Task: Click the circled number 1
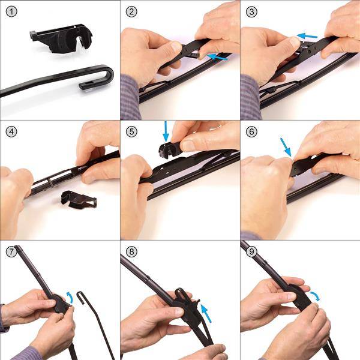11,12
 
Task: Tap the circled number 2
131,12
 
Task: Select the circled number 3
251,12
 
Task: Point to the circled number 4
11,132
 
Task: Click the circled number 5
131,132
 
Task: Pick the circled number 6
251,132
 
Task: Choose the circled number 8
131,251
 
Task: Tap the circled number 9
251,251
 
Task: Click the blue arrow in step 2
217,57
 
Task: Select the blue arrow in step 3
307,36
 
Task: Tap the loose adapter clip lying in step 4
79,200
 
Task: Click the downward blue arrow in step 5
166,131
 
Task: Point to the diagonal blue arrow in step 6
286,147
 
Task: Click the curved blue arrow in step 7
70,298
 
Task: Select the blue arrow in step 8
206,313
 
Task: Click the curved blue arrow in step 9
315,296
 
